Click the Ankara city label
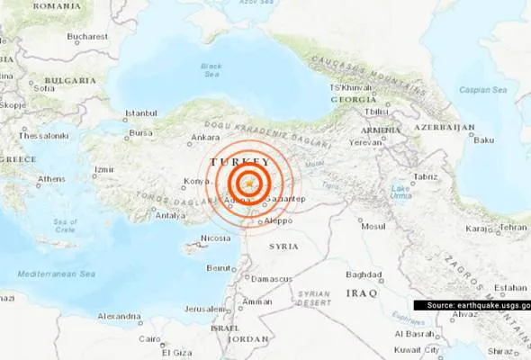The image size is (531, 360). (206, 138)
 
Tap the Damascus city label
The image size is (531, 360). (274, 279)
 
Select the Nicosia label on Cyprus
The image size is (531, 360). (215, 238)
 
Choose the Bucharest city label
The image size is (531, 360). (86, 37)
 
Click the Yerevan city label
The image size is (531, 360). (366, 142)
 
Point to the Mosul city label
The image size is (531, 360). (373, 226)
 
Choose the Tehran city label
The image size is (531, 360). (513, 228)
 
